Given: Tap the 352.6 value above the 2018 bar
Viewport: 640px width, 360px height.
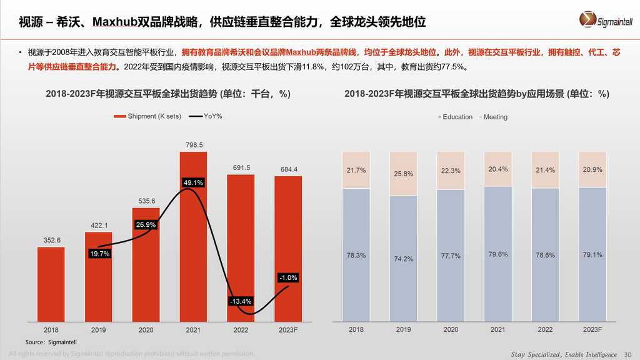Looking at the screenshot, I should click(51, 239).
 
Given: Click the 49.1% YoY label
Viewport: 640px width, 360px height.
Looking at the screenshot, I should click(193, 182).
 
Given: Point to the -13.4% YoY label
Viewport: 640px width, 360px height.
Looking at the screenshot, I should click(241, 302).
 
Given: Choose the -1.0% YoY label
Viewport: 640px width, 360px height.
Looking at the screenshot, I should click(288, 277).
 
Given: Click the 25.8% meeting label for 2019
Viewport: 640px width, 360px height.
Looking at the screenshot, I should click(403, 174).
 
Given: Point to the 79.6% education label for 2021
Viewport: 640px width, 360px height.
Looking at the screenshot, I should click(497, 254).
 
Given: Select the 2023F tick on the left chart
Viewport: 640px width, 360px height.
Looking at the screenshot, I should click(288, 329).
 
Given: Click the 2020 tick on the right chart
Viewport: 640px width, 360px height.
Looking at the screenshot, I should click(451, 329).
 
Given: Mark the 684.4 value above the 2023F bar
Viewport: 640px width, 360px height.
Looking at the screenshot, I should click(288, 169).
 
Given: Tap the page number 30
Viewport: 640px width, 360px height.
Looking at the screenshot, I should click(628, 354).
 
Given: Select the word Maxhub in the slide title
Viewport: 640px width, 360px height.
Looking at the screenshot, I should click(115, 23).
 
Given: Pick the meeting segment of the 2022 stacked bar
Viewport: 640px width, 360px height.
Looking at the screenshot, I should click(545, 170).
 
